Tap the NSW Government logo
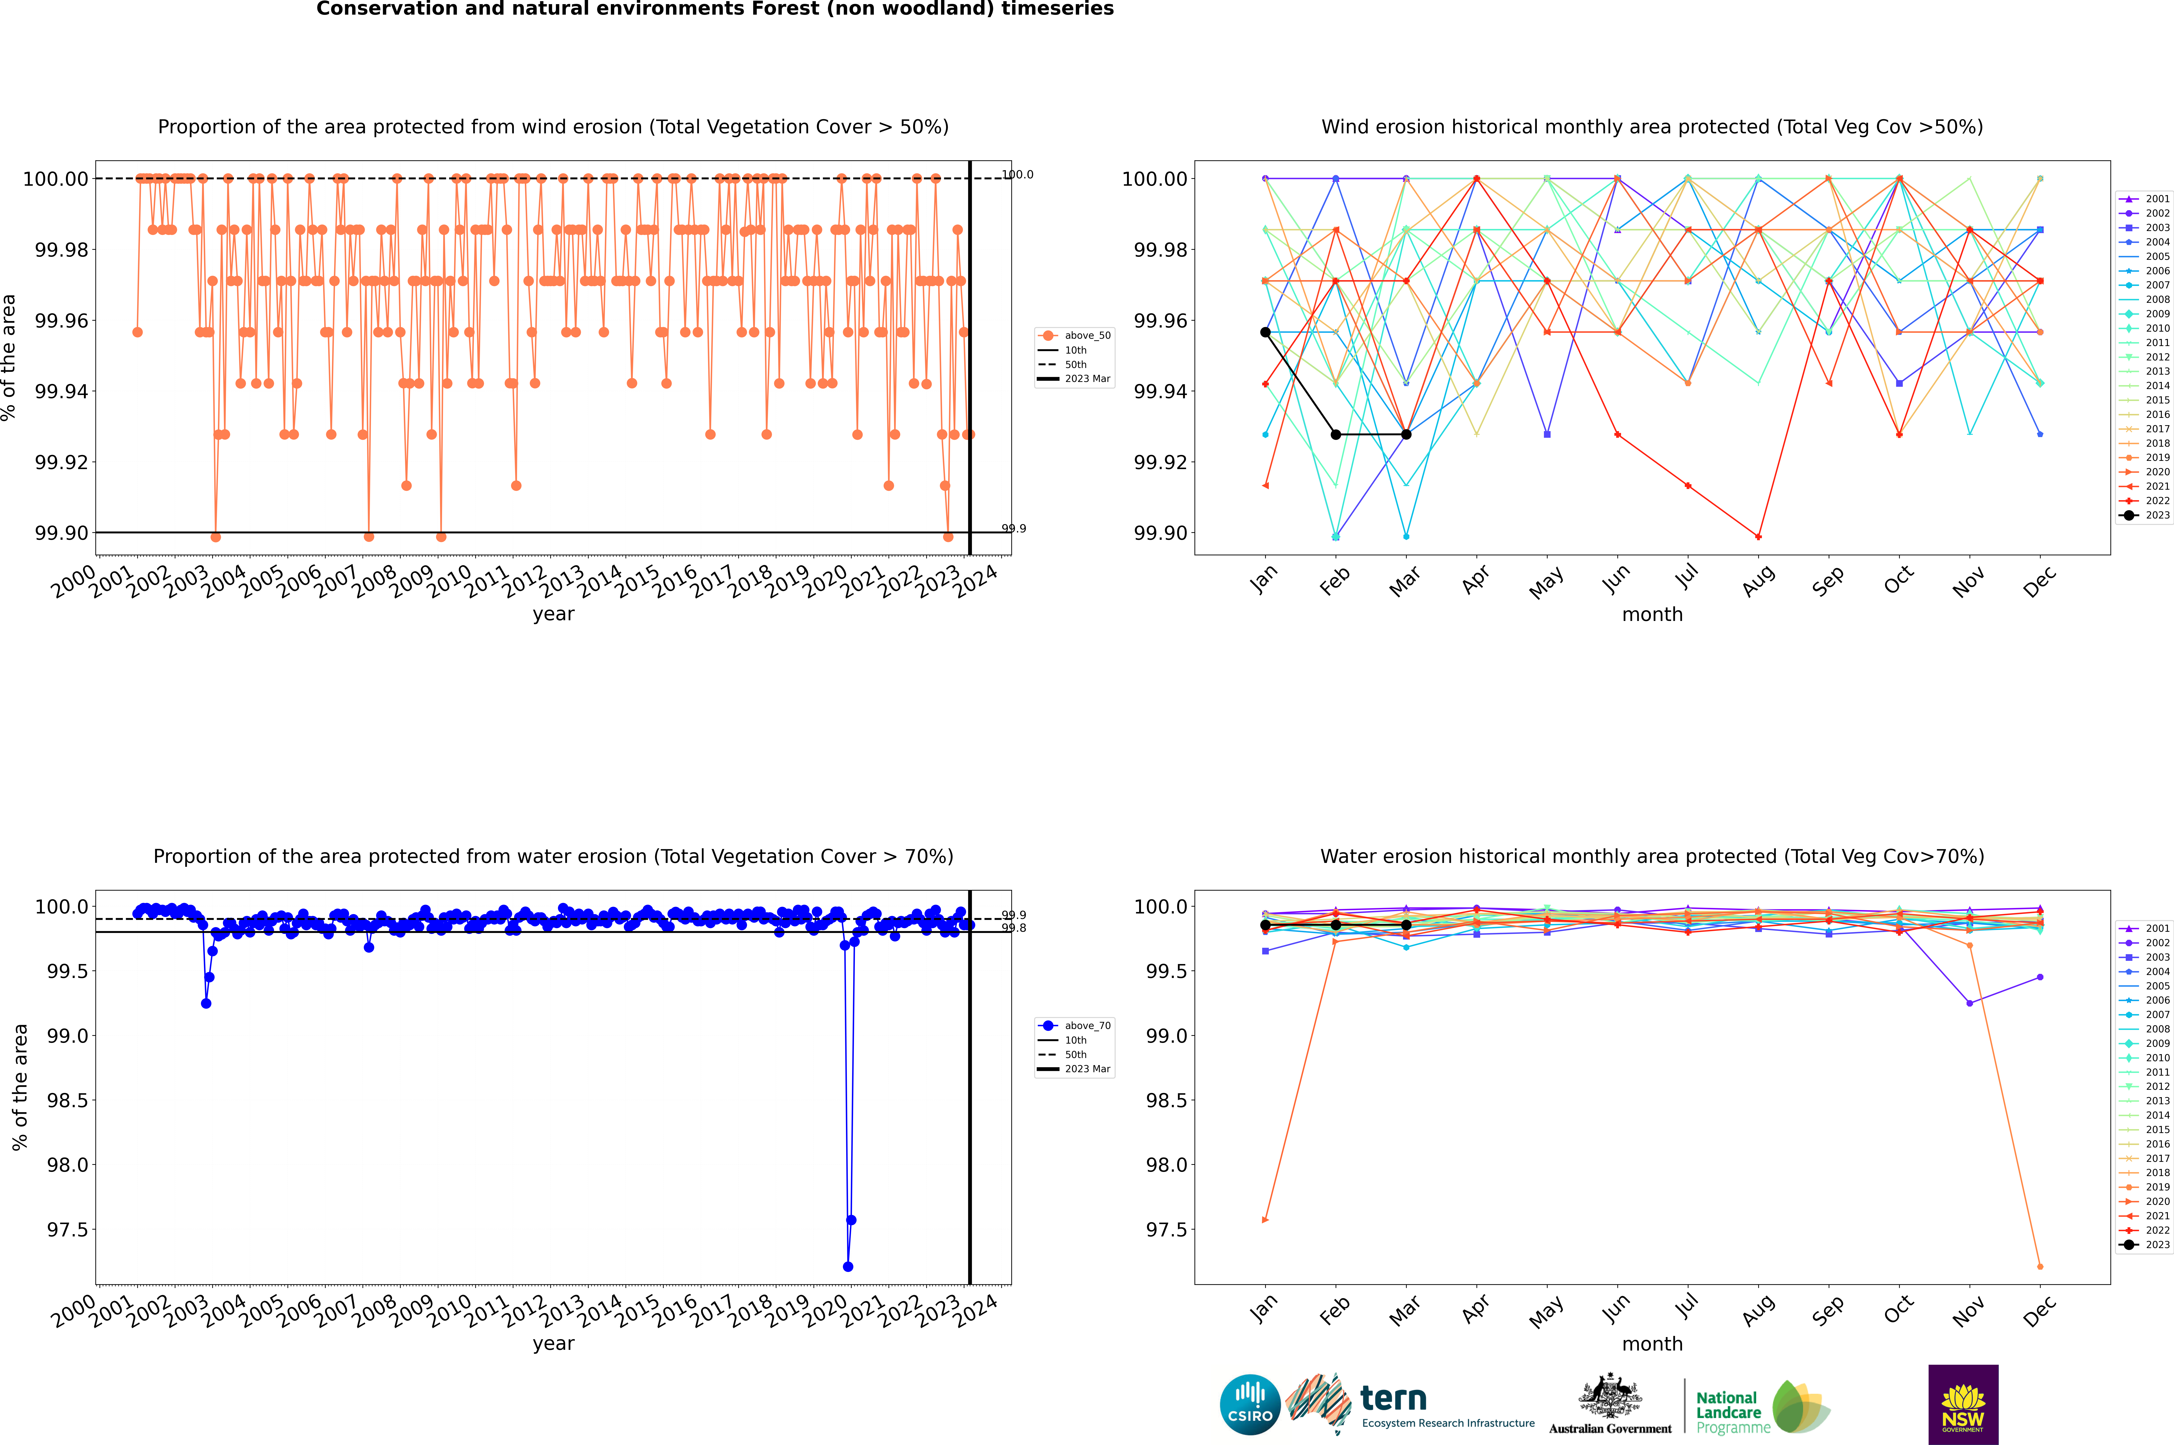(x=1963, y=1405)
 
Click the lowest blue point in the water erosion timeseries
(x=848, y=1266)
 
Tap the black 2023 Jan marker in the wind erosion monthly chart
(x=1265, y=332)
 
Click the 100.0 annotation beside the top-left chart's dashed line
(x=1017, y=174)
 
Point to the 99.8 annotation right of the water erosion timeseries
(x=1014, y=928)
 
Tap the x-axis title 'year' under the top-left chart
(x=553, y=614)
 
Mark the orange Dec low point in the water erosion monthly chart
(x=2040, y=1266)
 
